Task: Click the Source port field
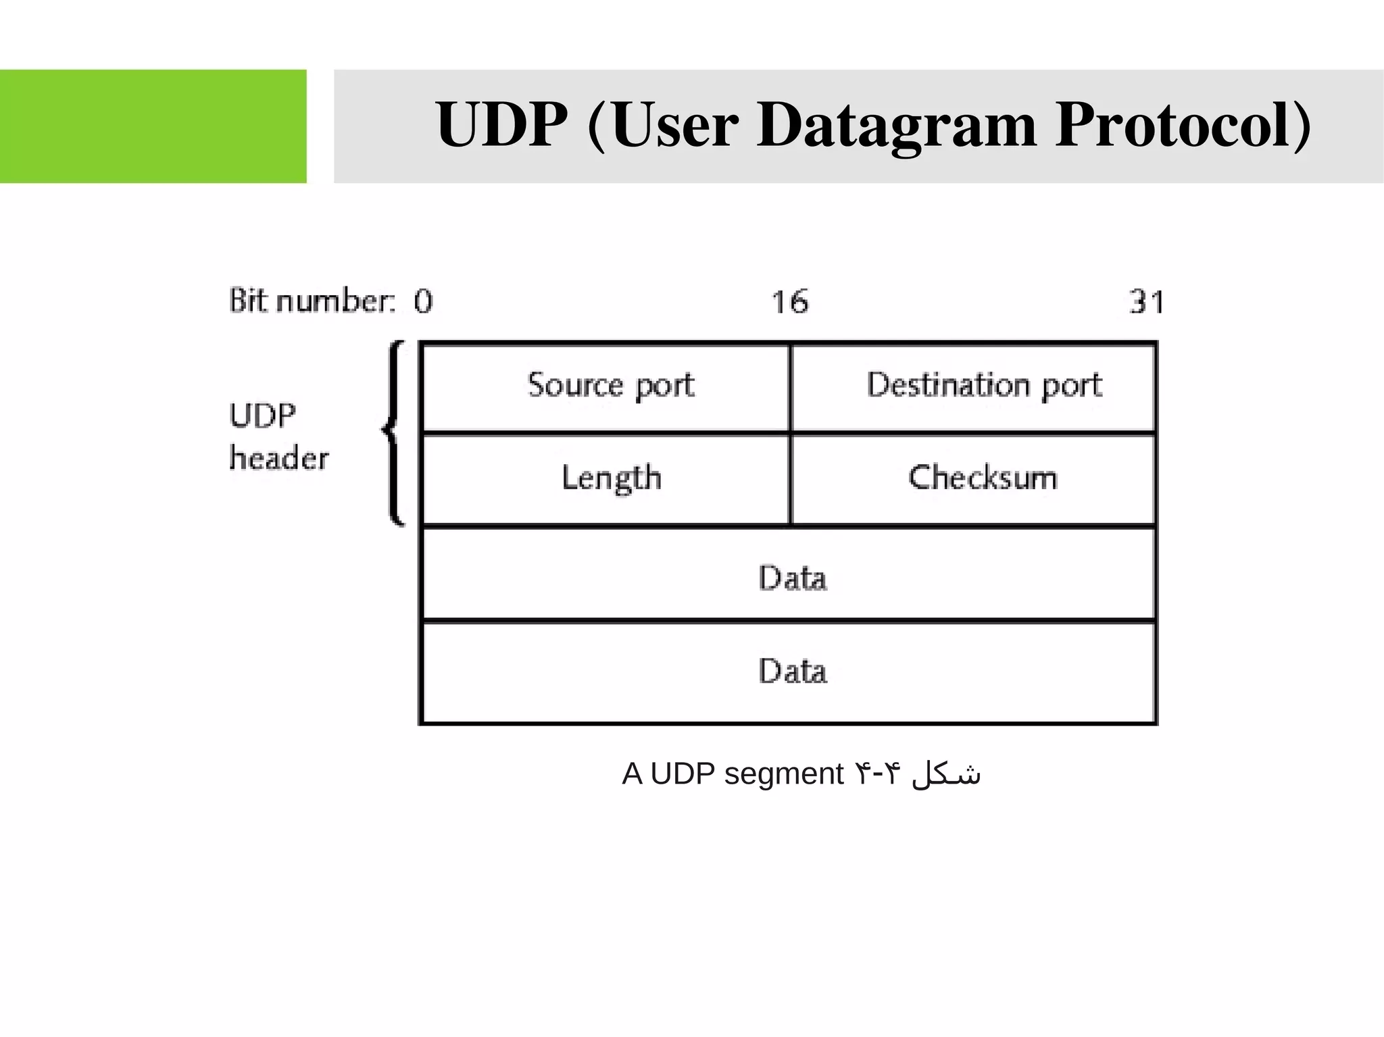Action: click(x=610, y=386)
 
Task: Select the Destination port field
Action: click(x=984, y=386)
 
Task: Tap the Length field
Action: click(x=611, y=478)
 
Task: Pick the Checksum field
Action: click(x=982, y=478)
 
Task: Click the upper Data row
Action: click(x=792, y=578)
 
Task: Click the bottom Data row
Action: click(x=792, y=671)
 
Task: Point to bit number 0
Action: click(x=424, y=301)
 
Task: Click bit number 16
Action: click(x=789, y=301)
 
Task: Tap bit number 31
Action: click(x=1146, y=301)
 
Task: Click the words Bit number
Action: click(x=311, y=301)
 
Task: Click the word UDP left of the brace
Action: click(x=262, y=415)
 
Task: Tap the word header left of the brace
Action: click(x=278, y=458)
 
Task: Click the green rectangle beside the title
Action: click(x=153, y=126)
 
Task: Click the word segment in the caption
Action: click(x=783, y=774)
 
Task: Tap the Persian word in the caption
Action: click(x=945, y=774)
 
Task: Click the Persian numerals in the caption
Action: click(x=878, y=774)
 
